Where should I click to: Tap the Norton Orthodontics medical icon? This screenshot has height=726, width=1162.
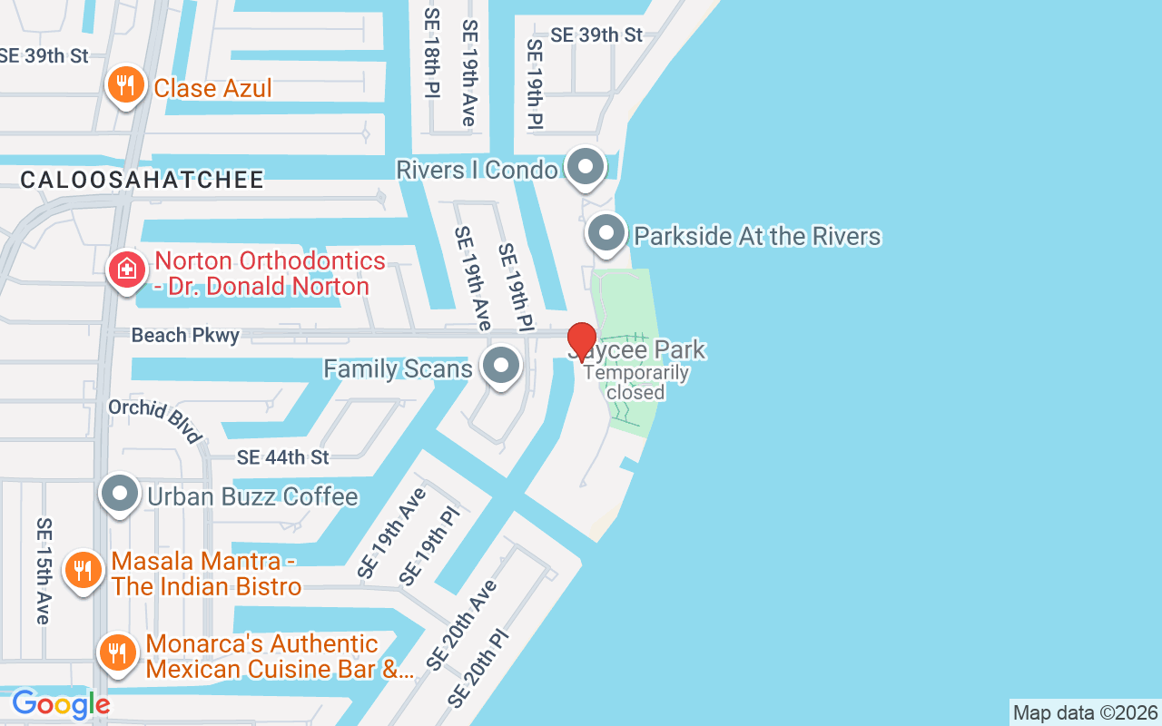pos(127,270)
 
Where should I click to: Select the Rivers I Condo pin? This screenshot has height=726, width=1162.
pos(586,167)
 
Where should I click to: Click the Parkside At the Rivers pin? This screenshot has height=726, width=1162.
pos(607,234)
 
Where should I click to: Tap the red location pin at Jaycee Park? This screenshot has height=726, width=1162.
pos(582,341)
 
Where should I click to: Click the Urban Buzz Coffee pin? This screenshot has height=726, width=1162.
pos(120,495)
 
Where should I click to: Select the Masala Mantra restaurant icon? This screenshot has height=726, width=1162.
pos(83,571)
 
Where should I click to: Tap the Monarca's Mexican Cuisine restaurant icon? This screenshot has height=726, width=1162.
pos(117,652)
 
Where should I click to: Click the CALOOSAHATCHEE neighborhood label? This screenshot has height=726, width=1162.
pos(143,180)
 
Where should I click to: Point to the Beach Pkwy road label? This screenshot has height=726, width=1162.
pos(185,336)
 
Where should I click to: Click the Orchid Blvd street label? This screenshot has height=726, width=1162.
pos(155,421)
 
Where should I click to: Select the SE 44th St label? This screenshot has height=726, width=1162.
pos(282,457)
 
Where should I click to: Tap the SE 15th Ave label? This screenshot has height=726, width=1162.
pos(43,570)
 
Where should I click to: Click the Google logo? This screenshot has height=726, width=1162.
pos(61,704)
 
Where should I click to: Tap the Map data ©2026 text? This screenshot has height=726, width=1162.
pos(1085,713)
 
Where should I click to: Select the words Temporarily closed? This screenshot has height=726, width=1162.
pos(636,382)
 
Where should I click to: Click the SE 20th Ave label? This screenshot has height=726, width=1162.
pos(462,624)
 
